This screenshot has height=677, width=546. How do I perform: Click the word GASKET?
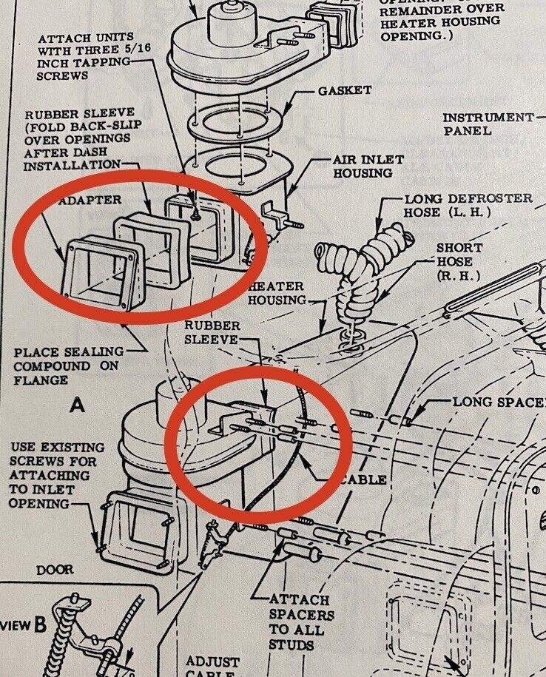[345, 90]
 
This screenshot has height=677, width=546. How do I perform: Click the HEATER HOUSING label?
[277, 293]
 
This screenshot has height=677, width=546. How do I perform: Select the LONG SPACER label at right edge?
[499, 402]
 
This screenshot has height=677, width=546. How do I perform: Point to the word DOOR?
[55, 570]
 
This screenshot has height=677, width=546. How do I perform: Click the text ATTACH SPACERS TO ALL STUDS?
[300, 622]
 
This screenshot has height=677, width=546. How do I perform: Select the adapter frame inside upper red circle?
[102, 273]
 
